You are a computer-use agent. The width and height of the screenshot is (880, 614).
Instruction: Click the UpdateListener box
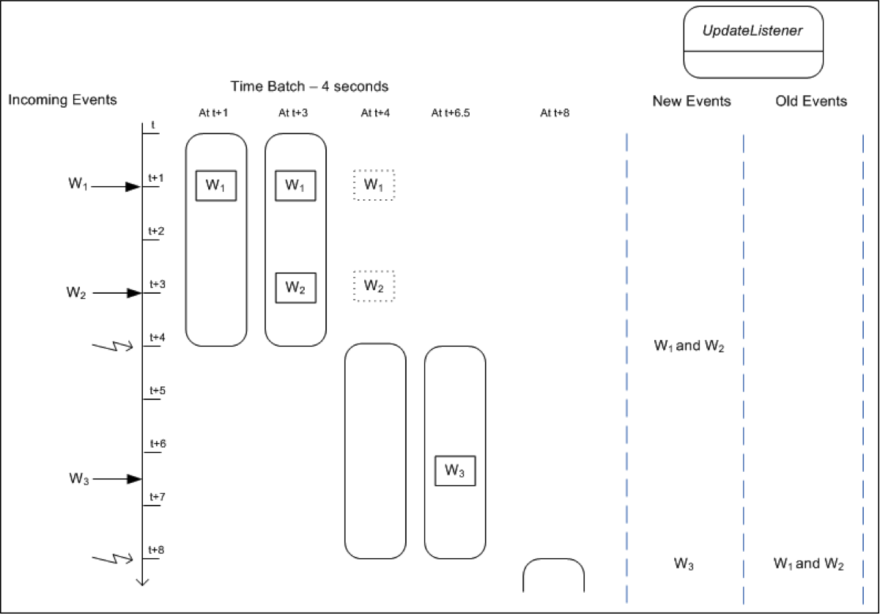click(x=753, y=42)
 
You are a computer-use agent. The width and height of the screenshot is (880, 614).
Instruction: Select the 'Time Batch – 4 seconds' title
click(x=309, y=86)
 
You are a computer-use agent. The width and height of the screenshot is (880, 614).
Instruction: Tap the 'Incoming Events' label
click(x=62, y=100)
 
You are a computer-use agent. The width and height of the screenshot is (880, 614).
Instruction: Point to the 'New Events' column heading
click(x=691, y=101)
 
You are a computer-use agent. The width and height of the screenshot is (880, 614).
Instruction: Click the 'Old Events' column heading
click(x=811, y=101)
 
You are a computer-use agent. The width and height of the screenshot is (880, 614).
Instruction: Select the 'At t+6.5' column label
click(x=454, y=113)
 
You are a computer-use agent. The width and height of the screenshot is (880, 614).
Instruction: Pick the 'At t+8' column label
click(x=554, y=113)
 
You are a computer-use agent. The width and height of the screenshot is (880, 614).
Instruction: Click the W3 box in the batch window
click(x=455, y=471)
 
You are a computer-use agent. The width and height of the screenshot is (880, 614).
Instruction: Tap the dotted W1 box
click(x=374, y=185)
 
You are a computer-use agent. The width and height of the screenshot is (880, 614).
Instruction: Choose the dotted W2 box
click(x=374, y=286)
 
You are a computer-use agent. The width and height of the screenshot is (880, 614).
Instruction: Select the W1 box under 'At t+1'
click(x=216, y=185)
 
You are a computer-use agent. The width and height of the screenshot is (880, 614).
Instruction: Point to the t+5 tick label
click(x=157, y=391)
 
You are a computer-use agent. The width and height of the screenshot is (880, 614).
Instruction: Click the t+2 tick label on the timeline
click(x=157, y=232)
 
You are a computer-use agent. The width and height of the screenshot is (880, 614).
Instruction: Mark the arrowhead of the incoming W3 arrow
click(x=133, y=479)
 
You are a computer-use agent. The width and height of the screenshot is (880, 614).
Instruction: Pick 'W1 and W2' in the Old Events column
click(x=808, y=565)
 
